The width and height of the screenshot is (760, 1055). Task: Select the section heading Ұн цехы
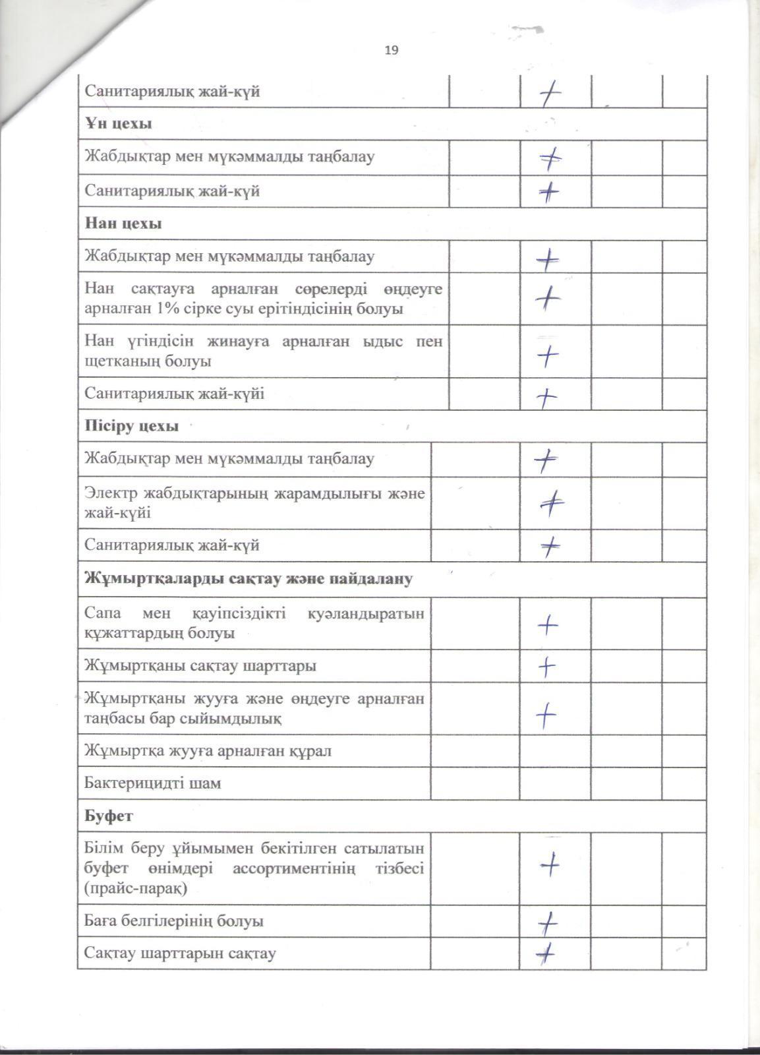click(119, 124)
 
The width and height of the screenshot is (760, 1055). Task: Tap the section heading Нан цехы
click(123, 224)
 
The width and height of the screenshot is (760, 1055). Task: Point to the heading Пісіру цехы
click(132, 426)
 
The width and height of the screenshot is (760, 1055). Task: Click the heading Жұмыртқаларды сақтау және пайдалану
click(248, 579)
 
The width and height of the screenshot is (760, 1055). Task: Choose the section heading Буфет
click(109, 816)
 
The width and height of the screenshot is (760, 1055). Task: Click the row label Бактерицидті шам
click(153, 783)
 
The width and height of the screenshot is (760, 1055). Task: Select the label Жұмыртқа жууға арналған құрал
click(208, 751)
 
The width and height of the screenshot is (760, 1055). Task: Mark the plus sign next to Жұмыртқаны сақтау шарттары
click(547, 667)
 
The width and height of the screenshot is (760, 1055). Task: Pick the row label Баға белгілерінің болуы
click(174, 920)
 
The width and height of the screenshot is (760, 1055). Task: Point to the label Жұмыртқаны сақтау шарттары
click(200, 665)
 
